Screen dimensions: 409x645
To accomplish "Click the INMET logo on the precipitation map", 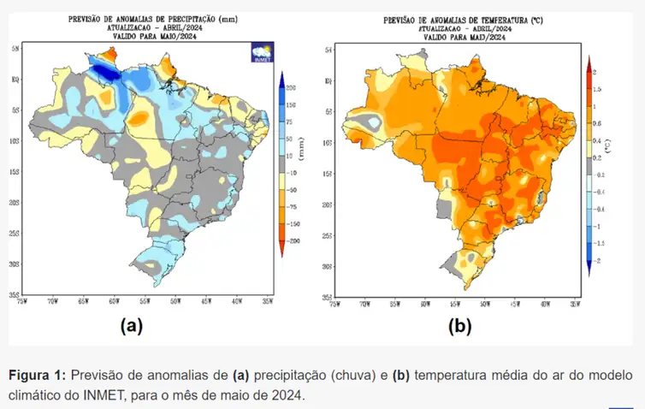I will pos(262,52).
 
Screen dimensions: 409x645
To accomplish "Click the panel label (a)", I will pos(130,325).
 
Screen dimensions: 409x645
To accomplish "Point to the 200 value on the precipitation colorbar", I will pos(292,89).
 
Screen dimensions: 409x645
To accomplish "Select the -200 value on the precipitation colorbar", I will pos(293,242).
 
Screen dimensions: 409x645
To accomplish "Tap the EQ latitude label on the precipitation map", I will pos(15,80).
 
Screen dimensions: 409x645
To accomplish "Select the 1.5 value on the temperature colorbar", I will pos(597,89).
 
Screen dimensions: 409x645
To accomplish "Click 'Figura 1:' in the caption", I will pos(37,376).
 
